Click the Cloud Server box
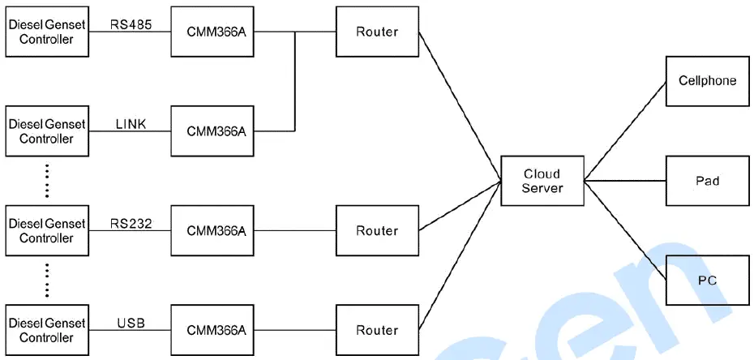click(542, 180)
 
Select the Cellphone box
click(707, 81)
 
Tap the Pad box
click(707, 180)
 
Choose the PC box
click(707, 280)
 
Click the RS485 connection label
click(131, 24)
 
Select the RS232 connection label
click(131, 223)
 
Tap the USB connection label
click(131, 323)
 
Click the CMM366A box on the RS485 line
click(216, 32)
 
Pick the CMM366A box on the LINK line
click(216, 131)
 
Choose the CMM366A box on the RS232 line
click(216, 231)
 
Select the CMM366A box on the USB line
click(216, 330)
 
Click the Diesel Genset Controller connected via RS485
click(46, 32)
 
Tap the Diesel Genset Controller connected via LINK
click(46, 131)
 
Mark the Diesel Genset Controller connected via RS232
click(46, 231)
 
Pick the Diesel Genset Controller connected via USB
click(46, 330)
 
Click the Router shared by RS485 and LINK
click(377, 32)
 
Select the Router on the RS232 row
click(377, 231)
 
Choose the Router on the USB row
click(377, 330)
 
